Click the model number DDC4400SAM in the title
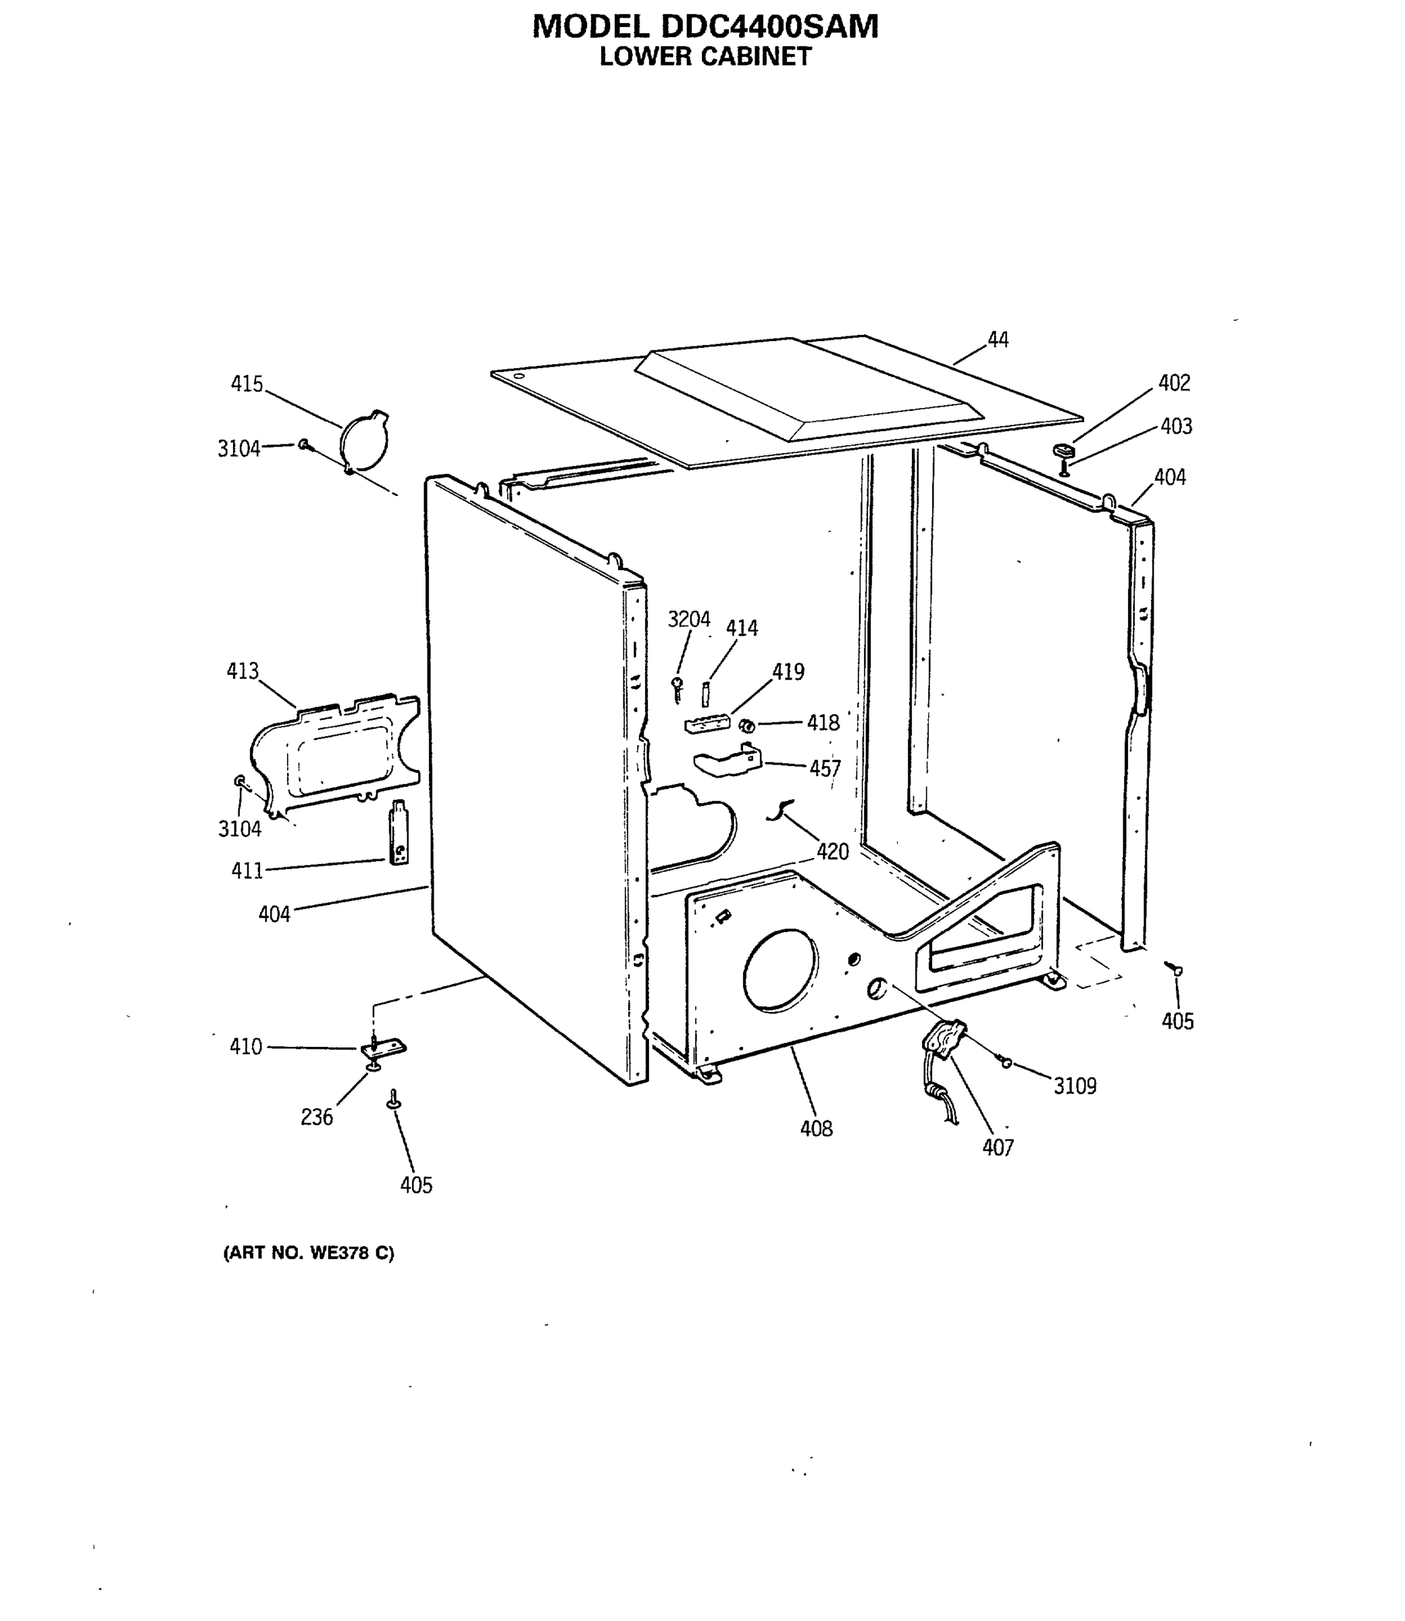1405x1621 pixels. coord(769,26)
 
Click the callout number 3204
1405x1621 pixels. coord(688,619)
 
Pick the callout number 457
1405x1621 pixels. coord(825,768)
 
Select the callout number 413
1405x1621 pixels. coord(242,671)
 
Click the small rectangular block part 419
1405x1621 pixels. coord(707,724)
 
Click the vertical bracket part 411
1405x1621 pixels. coord(399,833)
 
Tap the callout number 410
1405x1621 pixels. coord(245,1046)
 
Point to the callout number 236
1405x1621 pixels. coord(317,1117)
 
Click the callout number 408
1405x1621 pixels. coord(815,1128)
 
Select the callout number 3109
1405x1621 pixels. coord(1074,1085)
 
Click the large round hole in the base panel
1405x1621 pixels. coord(780,970)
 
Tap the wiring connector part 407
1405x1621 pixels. coord(943,1043)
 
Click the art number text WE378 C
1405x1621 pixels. coord(351,1253)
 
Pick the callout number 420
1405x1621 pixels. coord(832,851)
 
